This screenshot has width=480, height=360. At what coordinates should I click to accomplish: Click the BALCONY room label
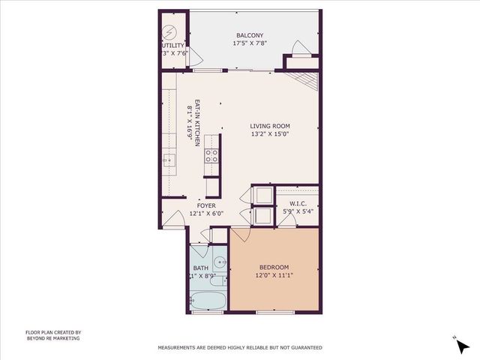[x=249, y=35]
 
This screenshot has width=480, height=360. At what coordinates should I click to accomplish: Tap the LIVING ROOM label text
[x=270, y=126]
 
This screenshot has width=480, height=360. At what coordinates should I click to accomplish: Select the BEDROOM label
[x=274, y=267]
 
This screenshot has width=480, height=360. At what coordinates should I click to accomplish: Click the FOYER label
[x=206, y=205]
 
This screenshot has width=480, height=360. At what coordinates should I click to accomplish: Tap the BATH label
[x=200, y=268]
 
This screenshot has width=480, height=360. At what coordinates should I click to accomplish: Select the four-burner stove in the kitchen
[x=212, y=156]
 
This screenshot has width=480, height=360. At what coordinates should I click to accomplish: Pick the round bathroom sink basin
[x=220, y=262]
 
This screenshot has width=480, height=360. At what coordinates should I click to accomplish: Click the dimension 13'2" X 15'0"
[x=270, y=135]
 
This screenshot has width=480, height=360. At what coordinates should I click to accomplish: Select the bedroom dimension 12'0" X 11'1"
[x=274, y=275]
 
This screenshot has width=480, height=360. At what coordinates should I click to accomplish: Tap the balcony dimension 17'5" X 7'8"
[x=249, y=43]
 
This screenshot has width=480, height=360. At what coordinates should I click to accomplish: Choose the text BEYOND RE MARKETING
[x=52, y=338]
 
